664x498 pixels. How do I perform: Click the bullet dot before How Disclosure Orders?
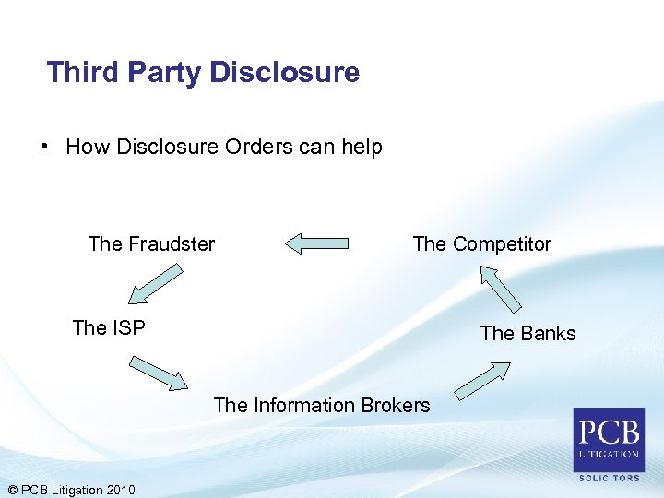[43, 147]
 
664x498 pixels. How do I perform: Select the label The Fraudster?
[151, 243]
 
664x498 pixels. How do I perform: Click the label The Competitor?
[481, 243]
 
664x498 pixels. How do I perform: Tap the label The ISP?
[109, 327]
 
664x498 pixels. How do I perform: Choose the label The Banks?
[528, 333]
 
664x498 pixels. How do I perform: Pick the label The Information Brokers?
[322, 405]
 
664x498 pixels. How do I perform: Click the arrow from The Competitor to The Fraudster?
[316, 243]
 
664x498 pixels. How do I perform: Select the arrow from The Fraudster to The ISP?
[156, 284]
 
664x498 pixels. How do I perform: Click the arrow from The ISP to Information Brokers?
[159, 372]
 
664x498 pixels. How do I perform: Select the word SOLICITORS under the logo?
[609, 478]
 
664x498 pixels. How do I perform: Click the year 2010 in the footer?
[120, 489]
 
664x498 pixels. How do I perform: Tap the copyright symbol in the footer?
[11, 489]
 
